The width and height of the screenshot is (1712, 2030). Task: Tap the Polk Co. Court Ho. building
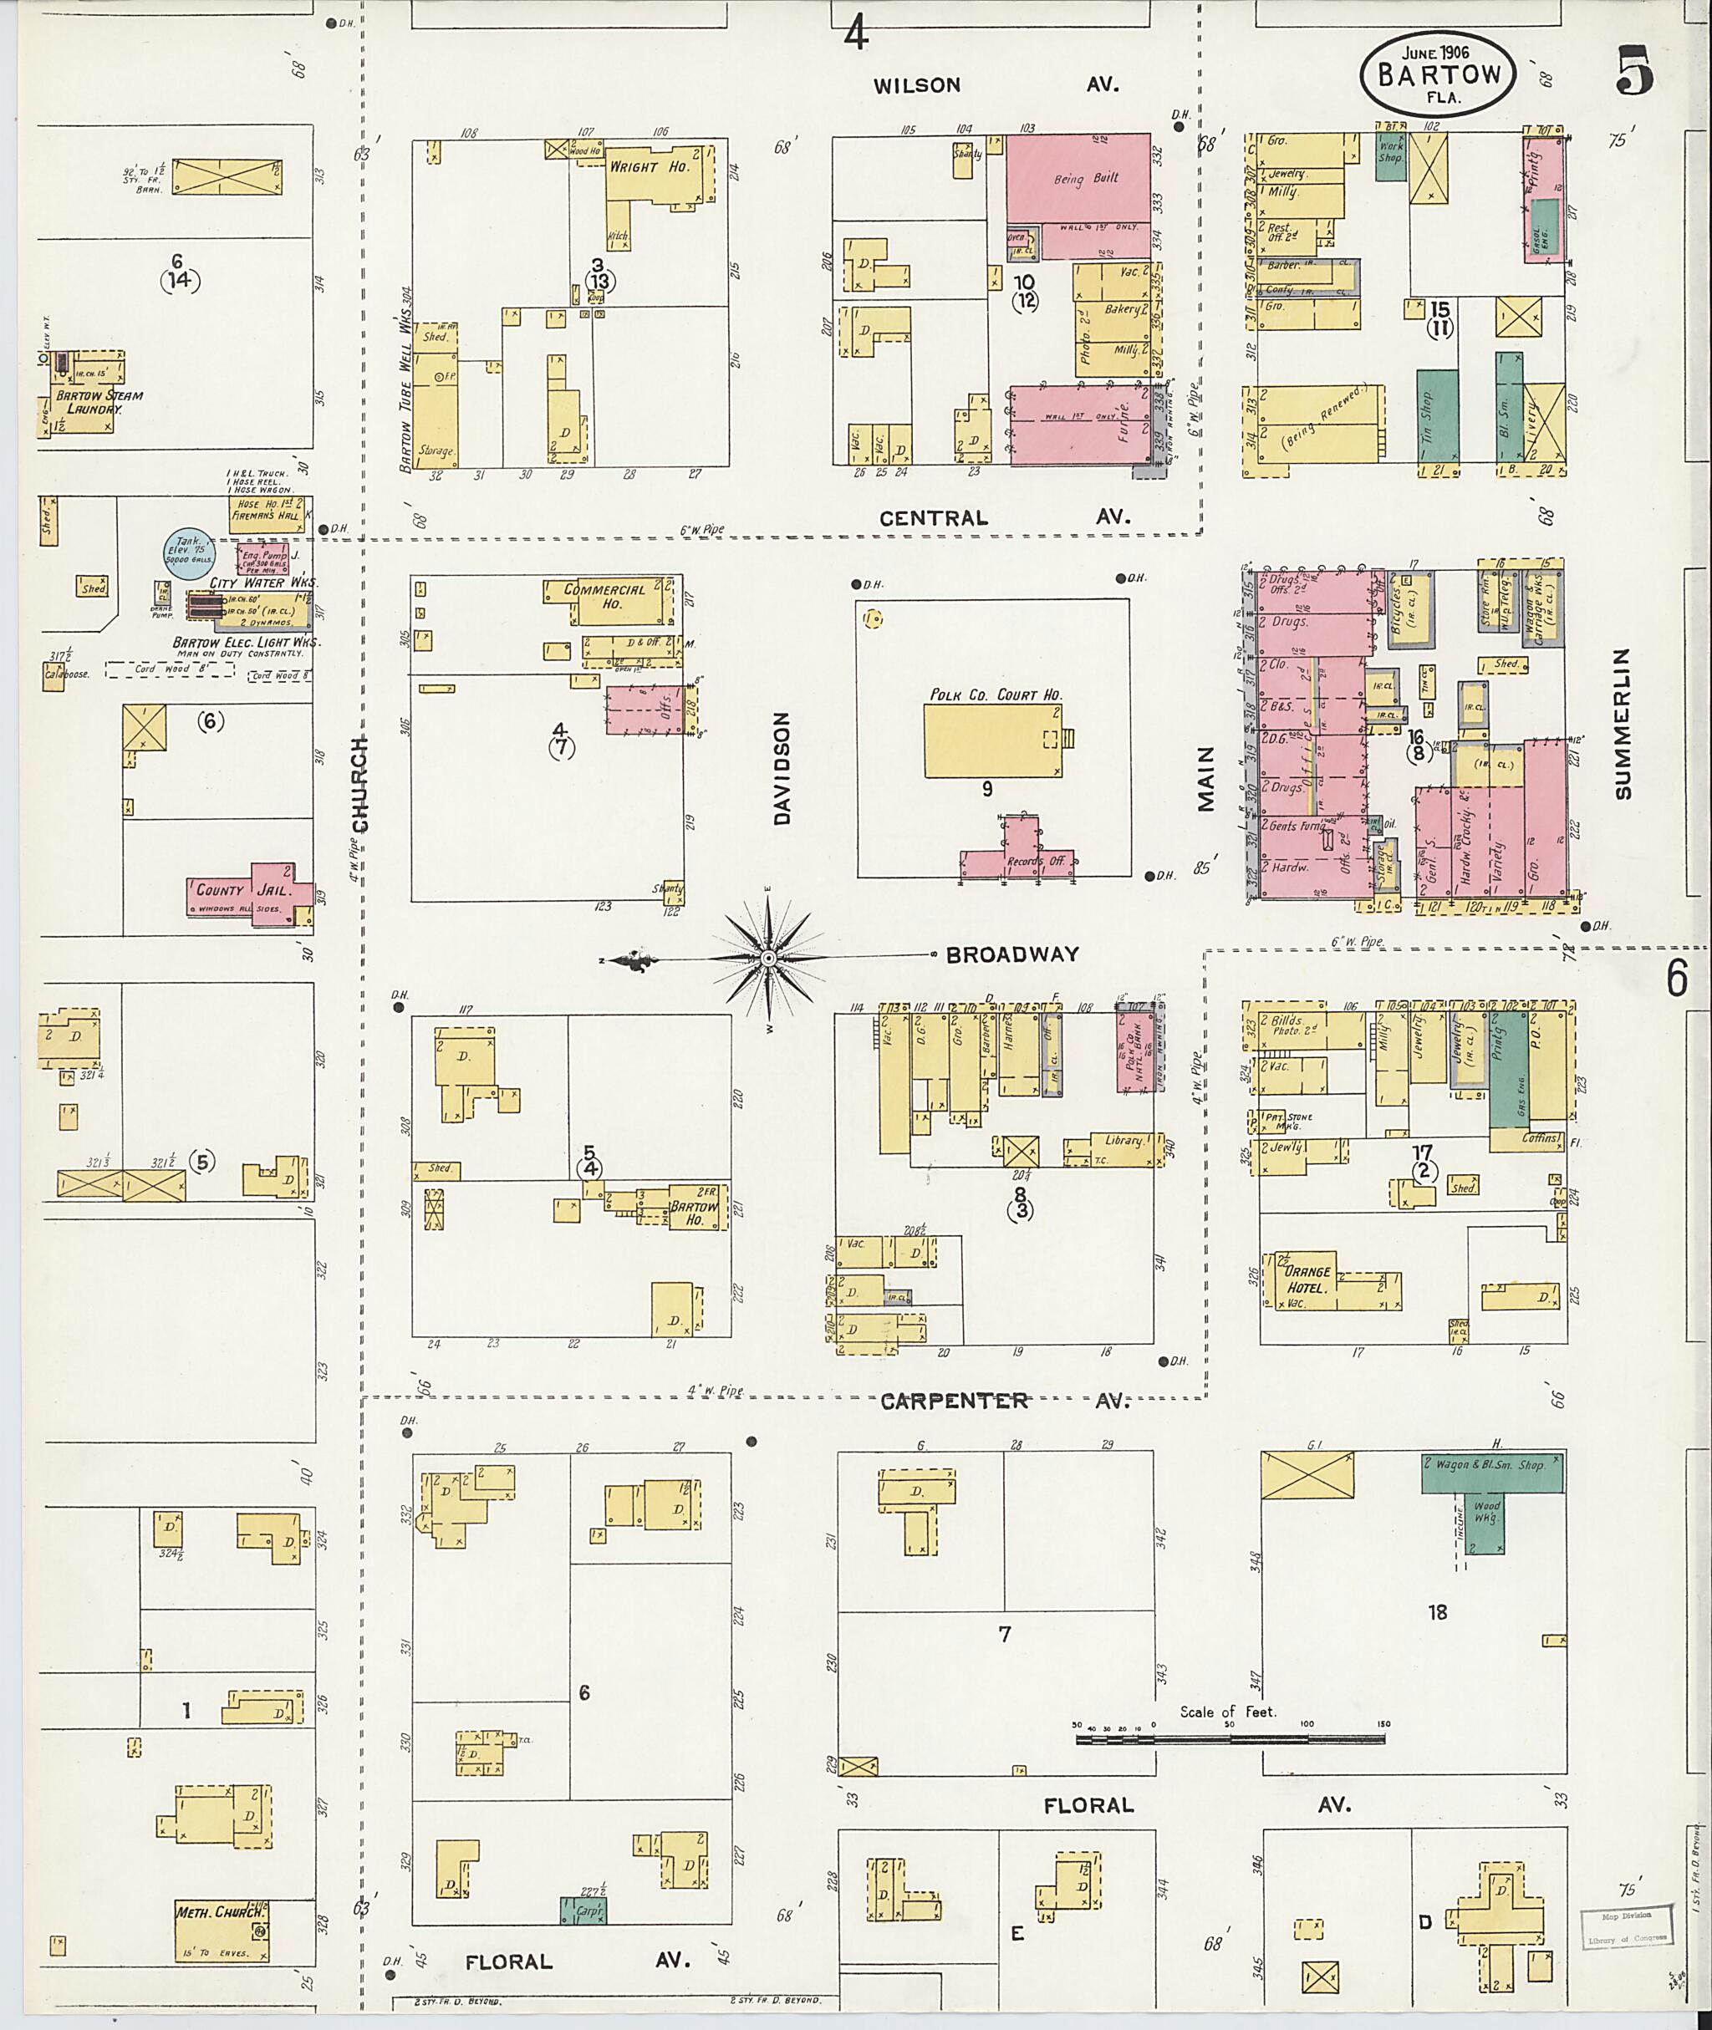pos(992,740)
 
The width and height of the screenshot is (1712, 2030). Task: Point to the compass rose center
pos(767,959)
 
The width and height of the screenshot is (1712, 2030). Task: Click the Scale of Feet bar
pos(1230,1741)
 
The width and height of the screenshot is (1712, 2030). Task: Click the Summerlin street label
pos(1622,724)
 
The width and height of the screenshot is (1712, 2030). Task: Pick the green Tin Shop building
pos(1436,415)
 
